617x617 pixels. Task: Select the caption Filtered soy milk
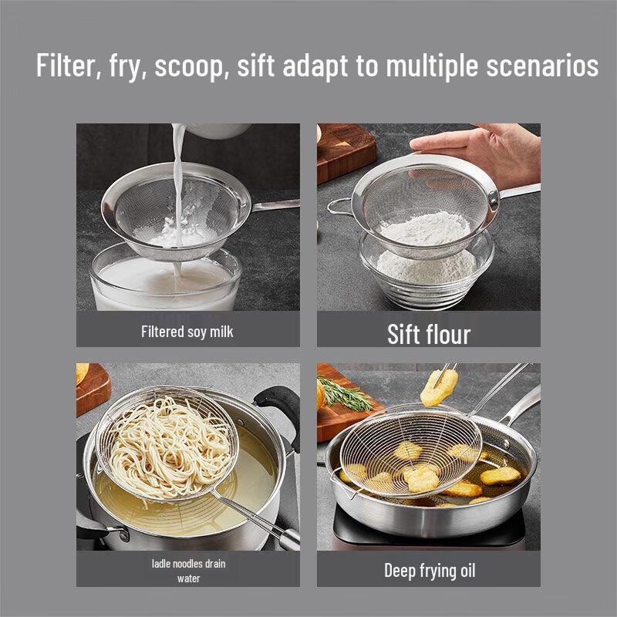[x=187, y=332]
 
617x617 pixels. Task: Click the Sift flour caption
[x=428, y=334]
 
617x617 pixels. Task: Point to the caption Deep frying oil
[x=430, y=571]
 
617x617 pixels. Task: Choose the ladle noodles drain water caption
[x=188, y=571]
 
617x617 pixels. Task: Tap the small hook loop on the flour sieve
[x=337, y=206]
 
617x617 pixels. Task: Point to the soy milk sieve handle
[x=274, y=205]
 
